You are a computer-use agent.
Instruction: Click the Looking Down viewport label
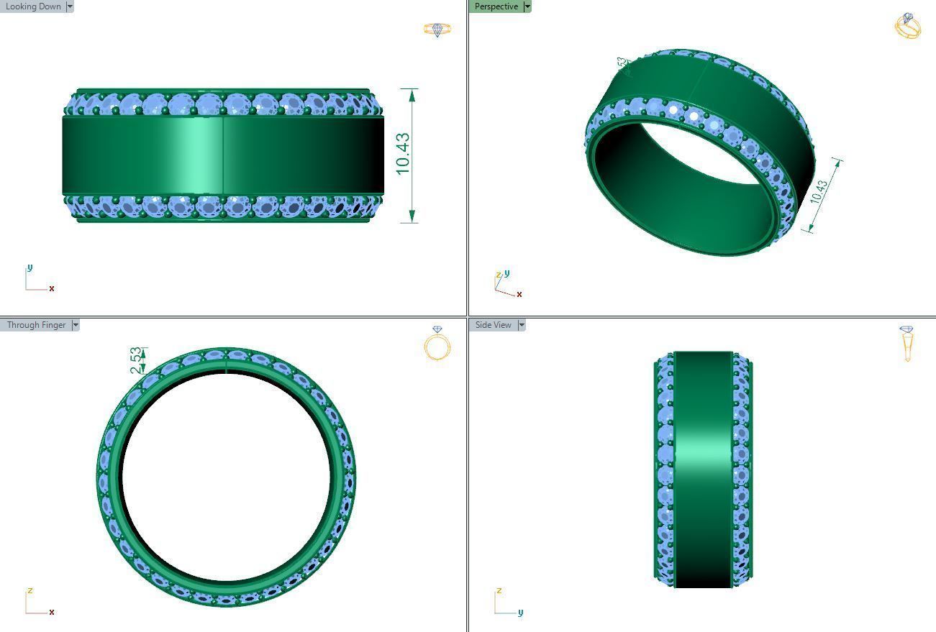coord(33,6)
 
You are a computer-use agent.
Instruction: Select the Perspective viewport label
coord(496,6)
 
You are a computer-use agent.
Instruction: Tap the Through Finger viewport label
coord(36,325)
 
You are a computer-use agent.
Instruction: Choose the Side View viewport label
coord(493,325)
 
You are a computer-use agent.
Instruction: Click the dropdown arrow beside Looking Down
coord(70,6)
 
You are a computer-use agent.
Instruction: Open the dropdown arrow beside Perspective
coord(527,6)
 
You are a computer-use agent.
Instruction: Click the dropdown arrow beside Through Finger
coord(76,325)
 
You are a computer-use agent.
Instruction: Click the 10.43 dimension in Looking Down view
coord(403,153)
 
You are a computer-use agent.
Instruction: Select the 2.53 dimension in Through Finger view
coord(136,361)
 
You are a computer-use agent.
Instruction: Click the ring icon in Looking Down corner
coord(437,29)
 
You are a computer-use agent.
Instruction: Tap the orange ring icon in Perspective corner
coord(908,26)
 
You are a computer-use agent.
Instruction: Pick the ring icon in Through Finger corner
coord(437,343)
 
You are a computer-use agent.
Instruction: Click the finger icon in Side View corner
coord(907,343)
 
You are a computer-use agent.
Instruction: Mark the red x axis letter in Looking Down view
coord(52,288)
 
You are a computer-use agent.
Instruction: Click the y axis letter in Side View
coord(520,612)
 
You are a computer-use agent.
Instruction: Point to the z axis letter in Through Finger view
coord(29,591)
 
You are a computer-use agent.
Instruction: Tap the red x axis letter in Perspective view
coord(519,294)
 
